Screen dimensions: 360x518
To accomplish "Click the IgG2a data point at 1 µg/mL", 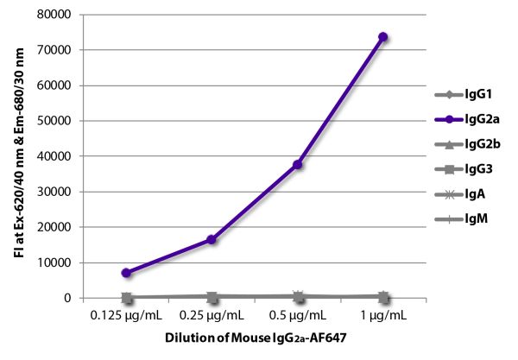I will pyautogui.click(x=382, y=37).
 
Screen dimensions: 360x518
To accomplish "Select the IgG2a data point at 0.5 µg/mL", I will pyautogui.click(x=297, y=164).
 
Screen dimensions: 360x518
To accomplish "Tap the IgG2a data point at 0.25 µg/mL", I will pyautogui.click(x=212, y=239).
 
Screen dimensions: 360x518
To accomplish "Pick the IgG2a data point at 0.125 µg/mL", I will pyautogui.click(x=127, y=273).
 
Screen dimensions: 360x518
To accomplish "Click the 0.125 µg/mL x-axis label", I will pyautogui.click(x=127, y=317).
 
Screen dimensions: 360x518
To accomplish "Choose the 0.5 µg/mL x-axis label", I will pyautogui.click(x=297, y=317).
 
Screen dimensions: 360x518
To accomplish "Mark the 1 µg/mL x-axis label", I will pyautogui.click(x=382, y=317).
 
